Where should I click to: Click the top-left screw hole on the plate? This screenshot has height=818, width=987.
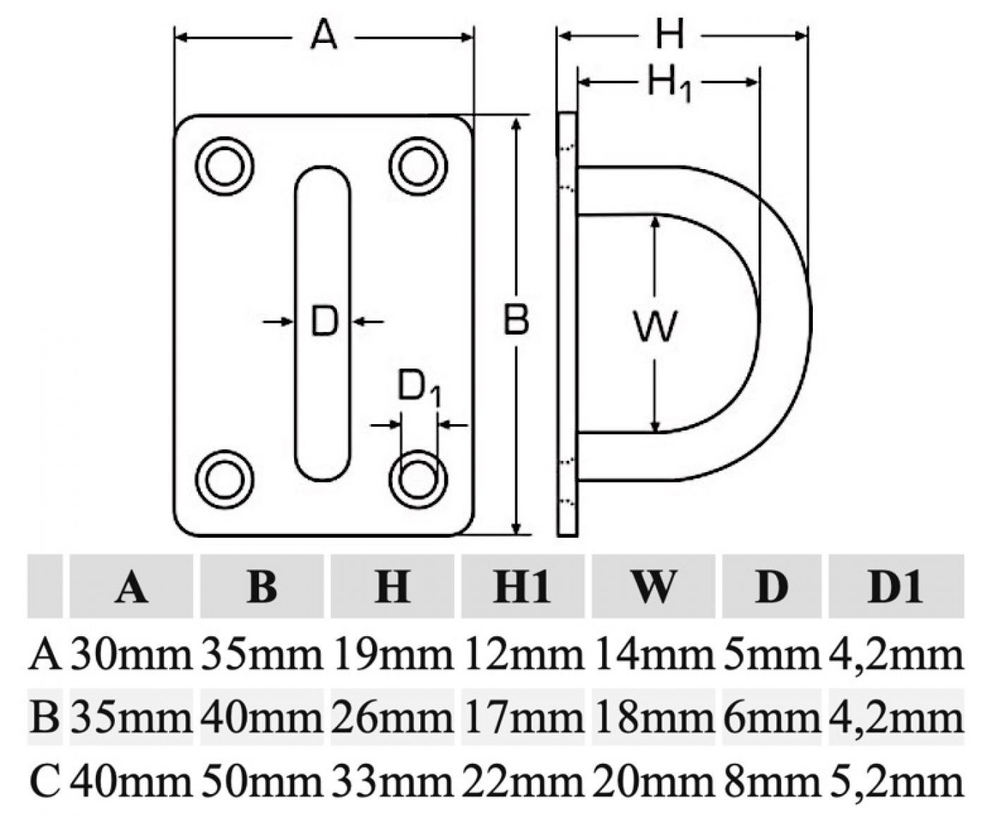coord(224,166)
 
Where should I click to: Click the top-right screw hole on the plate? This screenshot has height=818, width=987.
coord(418,166)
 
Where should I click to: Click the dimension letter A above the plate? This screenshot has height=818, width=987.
coord(324,35)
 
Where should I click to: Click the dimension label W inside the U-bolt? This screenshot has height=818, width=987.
coord(656,326)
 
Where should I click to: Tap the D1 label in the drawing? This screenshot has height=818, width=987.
coord(419,388)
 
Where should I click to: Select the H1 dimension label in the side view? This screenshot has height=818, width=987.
coord(668,84)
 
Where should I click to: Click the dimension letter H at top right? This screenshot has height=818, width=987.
coord(669,34)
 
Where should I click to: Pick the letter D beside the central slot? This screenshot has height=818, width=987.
coord(324,321)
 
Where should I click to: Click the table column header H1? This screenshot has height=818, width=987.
coord(522,586)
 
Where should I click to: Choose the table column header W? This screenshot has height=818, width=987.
coord(653,586)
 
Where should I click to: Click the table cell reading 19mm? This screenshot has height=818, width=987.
coord(392,655)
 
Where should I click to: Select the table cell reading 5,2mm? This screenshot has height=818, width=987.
coord(895,781)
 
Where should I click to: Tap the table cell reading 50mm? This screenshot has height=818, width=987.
coord(262,781)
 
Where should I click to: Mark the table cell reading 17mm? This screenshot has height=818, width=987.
coord(522,718)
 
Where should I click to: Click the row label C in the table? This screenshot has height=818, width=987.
coord(46,781)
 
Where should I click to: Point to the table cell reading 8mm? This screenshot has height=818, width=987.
coord(772,781)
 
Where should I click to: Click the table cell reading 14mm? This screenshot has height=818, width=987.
coord(653,655)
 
